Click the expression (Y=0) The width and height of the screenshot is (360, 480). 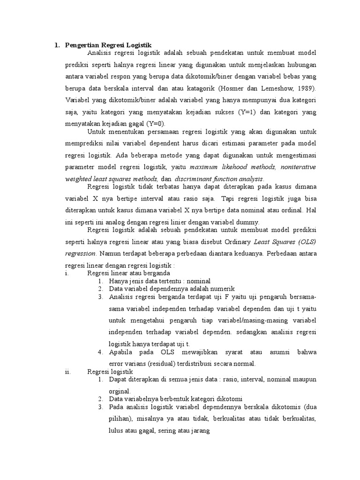[156, 124]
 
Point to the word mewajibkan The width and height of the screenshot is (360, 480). [179, 352]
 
